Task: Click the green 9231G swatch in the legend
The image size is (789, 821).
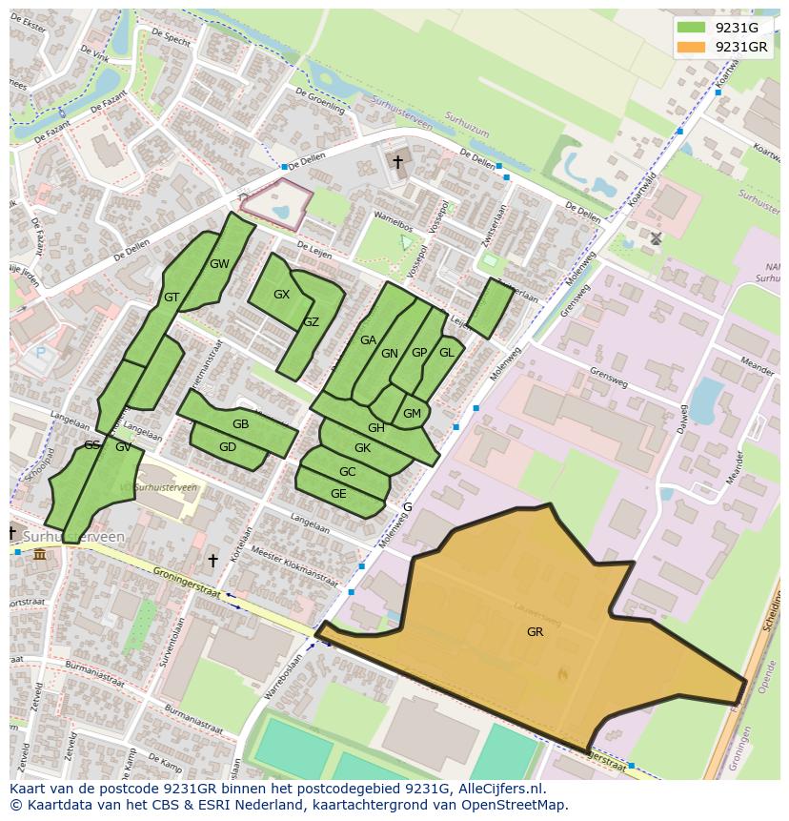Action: point(693,28)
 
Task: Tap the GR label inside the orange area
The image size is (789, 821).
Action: point(535,631)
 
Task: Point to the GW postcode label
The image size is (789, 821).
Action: point(219,264)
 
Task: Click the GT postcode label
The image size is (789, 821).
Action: point(172,298)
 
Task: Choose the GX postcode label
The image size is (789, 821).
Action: point(281,295)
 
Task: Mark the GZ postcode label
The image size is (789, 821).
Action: point(311,322)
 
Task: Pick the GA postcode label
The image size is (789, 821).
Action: point(368,340)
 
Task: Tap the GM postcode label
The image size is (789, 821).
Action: point(412,413)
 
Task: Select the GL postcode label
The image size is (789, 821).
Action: point(446,352)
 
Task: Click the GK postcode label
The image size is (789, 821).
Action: point(362,448)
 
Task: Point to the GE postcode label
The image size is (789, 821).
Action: point(338,494)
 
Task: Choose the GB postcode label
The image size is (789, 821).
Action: point(240,424)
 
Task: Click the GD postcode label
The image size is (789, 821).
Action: point(228,447)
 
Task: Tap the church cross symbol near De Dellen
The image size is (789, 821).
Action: point(397,162)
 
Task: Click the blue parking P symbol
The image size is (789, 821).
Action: point(39,353)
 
